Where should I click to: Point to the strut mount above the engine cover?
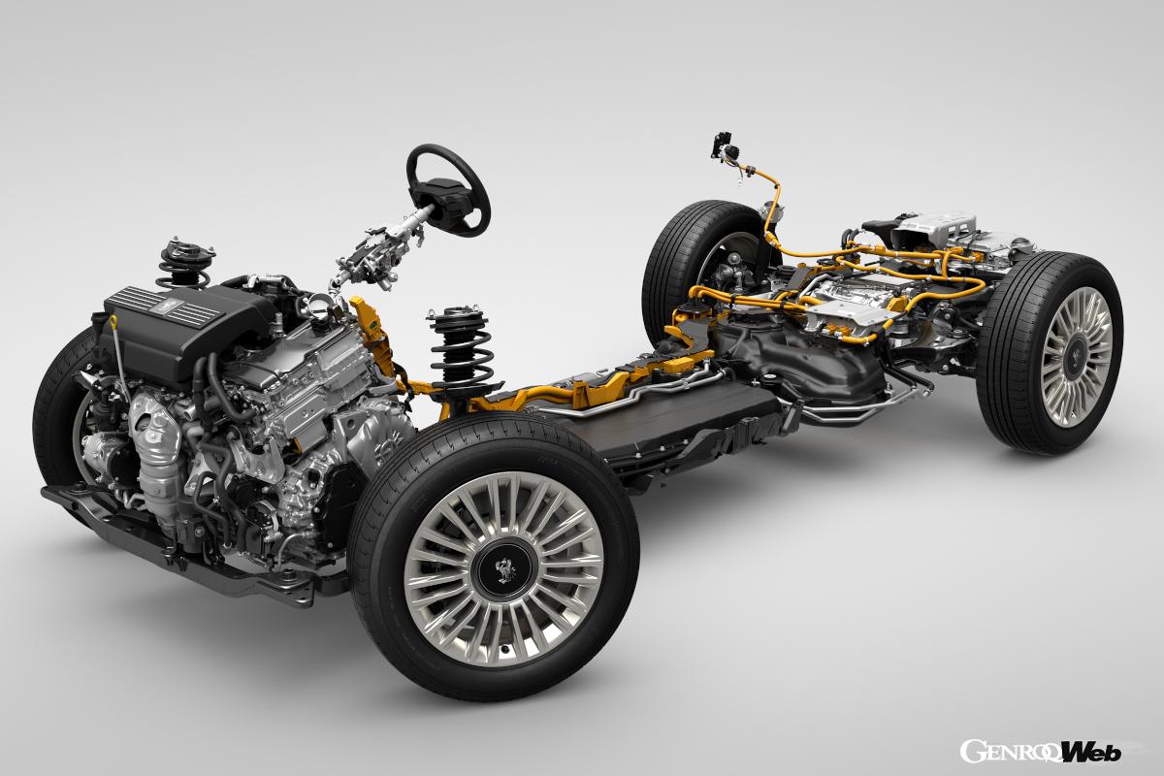[x=187, y=255]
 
